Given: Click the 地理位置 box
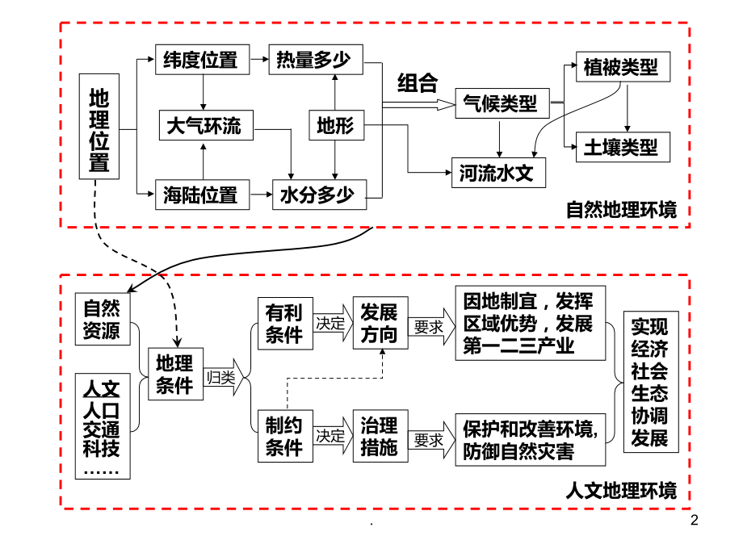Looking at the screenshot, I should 99,126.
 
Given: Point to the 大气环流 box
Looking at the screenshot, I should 204,126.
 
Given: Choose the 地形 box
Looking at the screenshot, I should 335,126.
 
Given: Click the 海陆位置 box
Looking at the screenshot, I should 201,195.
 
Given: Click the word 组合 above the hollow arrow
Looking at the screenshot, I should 418,82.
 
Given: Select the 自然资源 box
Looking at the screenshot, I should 102,319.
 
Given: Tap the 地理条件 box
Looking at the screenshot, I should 175,374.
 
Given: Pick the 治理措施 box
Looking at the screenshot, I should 379,437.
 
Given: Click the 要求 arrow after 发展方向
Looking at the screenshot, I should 430,326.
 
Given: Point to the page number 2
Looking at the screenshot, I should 697,519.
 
